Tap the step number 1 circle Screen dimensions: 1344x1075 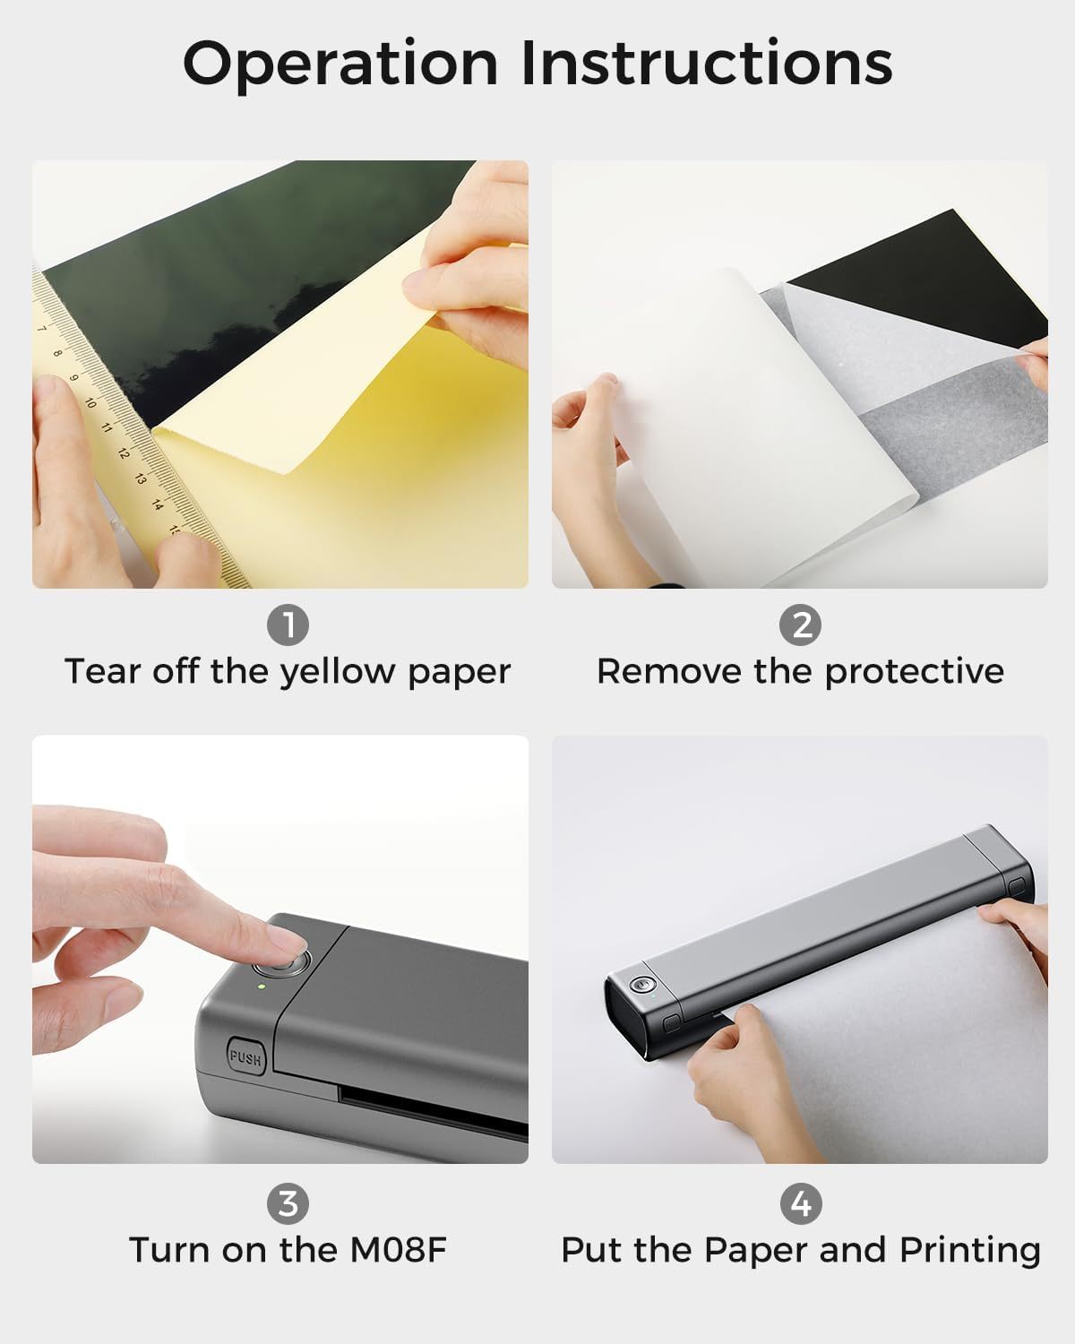click(288, 625)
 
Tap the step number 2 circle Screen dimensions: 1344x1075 click(800, 625)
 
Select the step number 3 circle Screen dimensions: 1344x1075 click(288, 1203)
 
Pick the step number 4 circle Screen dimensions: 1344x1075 click(800, 1203)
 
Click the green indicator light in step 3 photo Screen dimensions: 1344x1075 click(261, 986)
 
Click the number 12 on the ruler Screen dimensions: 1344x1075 click(123, 452)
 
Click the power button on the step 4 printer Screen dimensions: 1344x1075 click(639, 985)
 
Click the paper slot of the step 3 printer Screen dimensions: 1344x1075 click(430, 1109)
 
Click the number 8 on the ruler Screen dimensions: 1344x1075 click(58, 353)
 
